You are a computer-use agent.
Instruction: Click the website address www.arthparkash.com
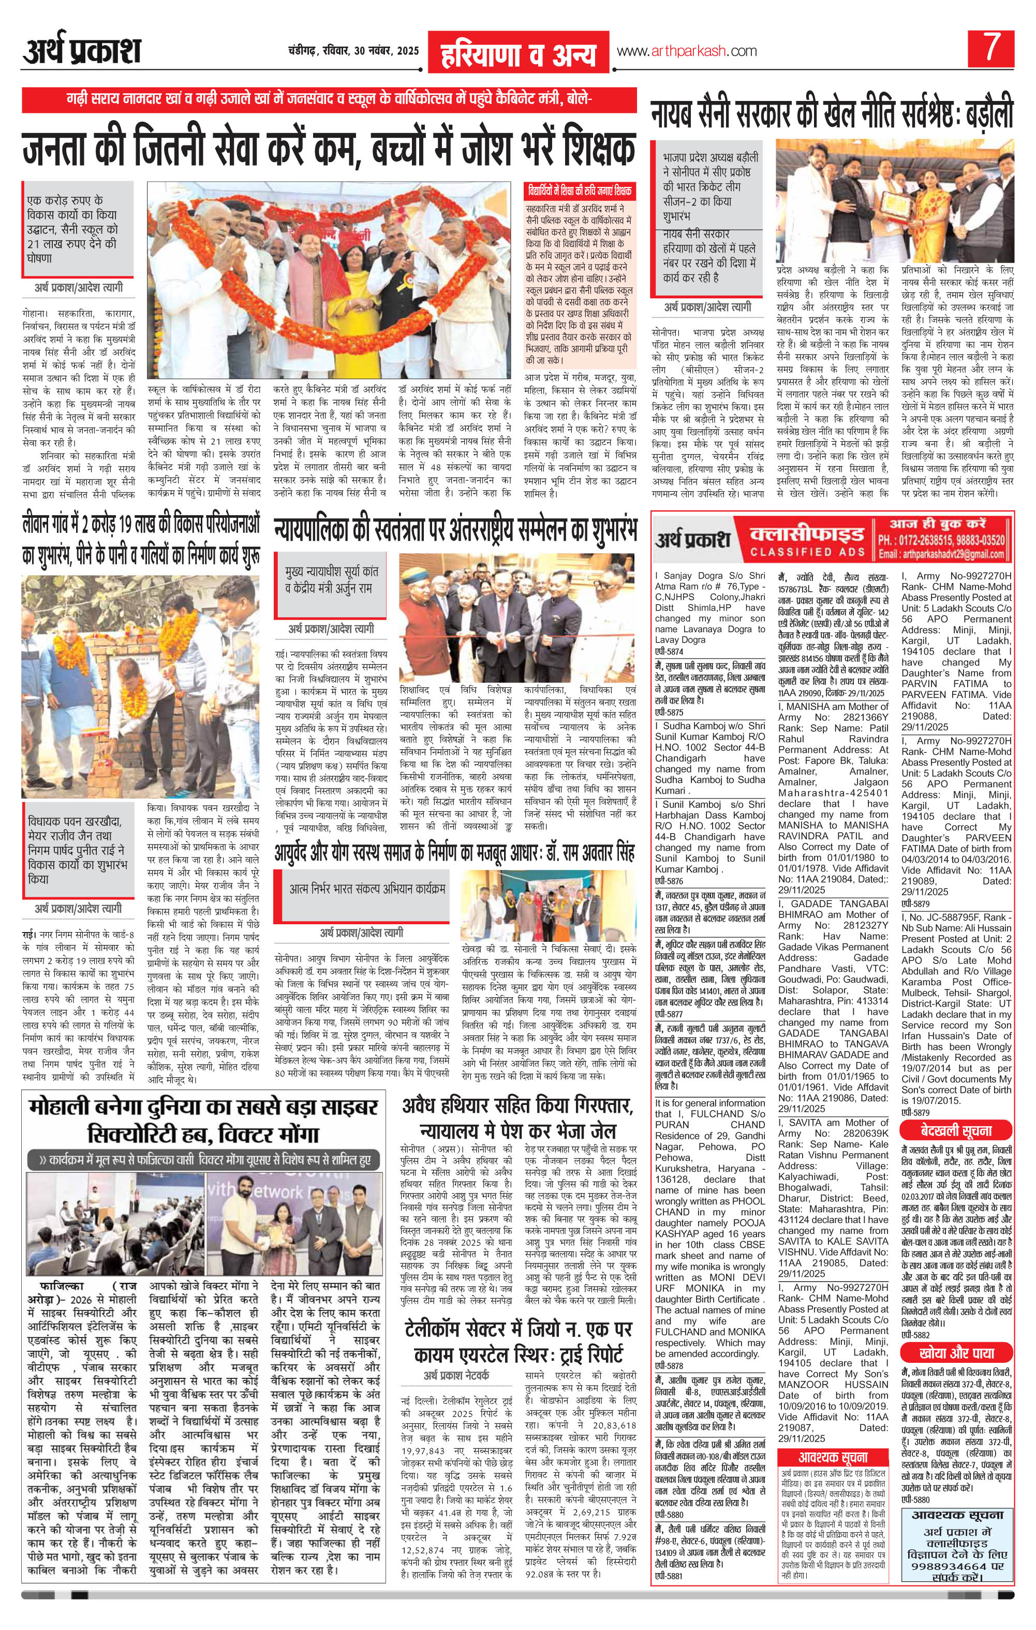point(686,51)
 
